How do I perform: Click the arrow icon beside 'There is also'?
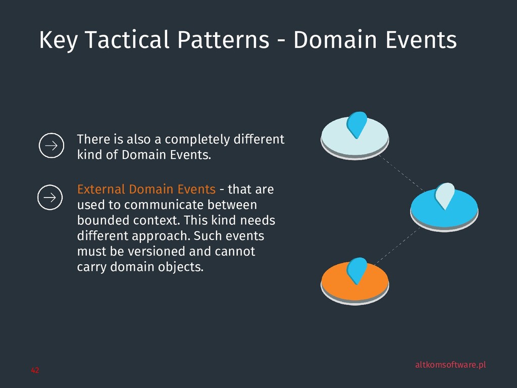pos(51,146)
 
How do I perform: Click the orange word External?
pos(101,189)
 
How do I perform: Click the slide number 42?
pos(35,371)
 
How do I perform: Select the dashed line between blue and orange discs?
pos(397,246)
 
